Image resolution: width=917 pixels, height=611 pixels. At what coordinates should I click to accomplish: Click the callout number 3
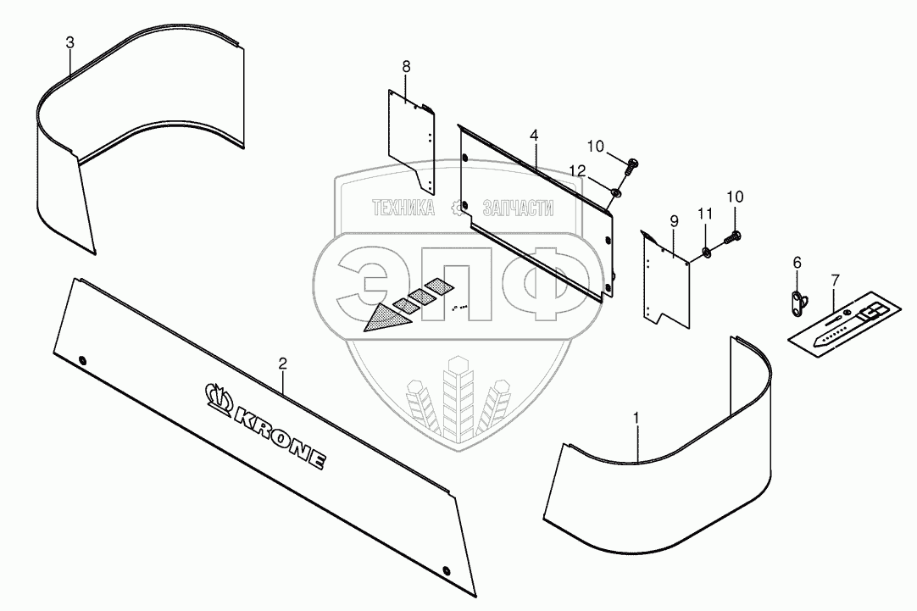pos(71,42)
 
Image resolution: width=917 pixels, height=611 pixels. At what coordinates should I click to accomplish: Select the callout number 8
pos(406,65)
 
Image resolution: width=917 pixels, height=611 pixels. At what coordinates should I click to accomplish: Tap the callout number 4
pos(533,136)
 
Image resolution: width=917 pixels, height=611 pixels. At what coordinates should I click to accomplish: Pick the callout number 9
pos(674,221)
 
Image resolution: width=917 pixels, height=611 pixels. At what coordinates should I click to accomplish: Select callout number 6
pos(796,264)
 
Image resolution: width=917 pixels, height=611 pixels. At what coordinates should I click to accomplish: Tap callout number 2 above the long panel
pos(283,364)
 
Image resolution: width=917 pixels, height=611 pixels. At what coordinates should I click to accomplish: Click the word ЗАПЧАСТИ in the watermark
pos(517,208)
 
